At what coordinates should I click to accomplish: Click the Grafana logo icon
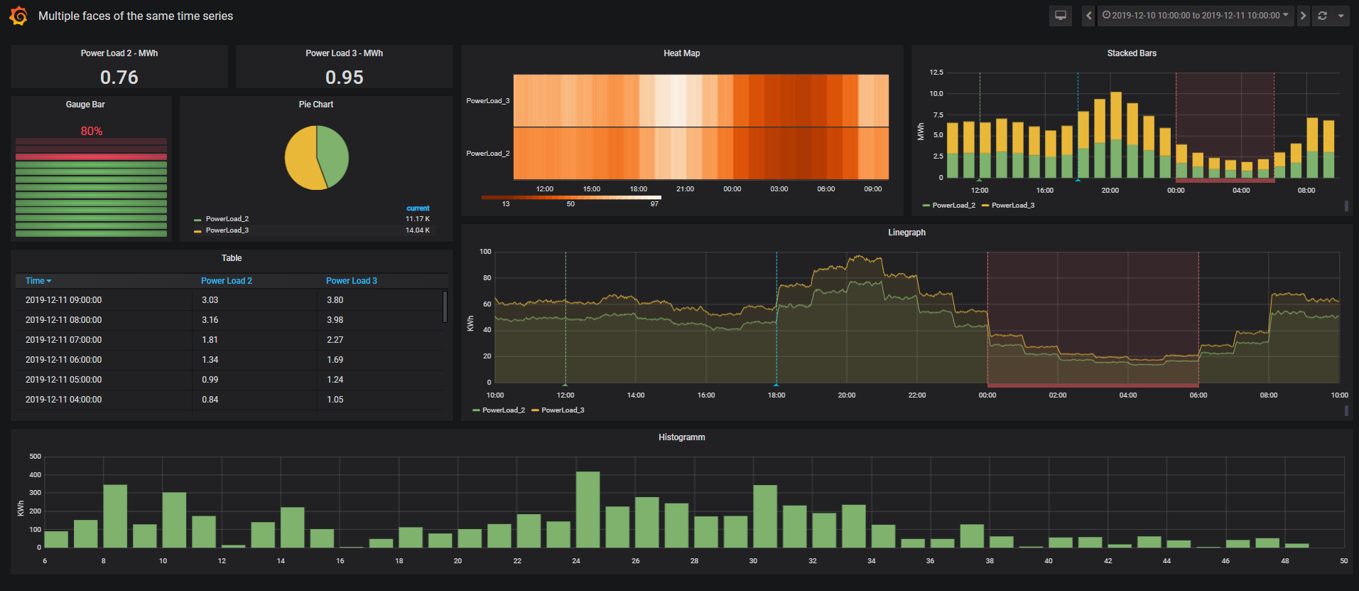point(18,16)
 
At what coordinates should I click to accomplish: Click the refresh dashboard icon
point(1322,16)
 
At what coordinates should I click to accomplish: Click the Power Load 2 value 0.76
point(119,77)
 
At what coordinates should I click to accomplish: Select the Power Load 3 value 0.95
point(345,77)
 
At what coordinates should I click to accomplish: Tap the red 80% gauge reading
point(92,131)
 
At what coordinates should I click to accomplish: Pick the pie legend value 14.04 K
point(417,230)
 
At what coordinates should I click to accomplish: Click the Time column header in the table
point(38,281)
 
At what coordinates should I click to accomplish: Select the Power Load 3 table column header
point(352,281)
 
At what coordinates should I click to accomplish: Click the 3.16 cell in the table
point(210,320)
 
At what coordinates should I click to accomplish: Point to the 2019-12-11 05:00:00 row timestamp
point(63,380)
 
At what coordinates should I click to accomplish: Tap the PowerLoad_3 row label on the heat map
point(487,101)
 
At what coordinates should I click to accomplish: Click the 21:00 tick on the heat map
point(685,189)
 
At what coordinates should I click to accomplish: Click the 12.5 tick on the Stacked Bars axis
point(936,73)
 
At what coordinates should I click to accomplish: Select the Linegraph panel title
point(906,233)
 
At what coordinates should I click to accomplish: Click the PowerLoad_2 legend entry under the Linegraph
point(503,410)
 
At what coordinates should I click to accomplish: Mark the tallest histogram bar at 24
point(588,509)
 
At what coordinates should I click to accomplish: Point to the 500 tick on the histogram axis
point(35,457)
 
